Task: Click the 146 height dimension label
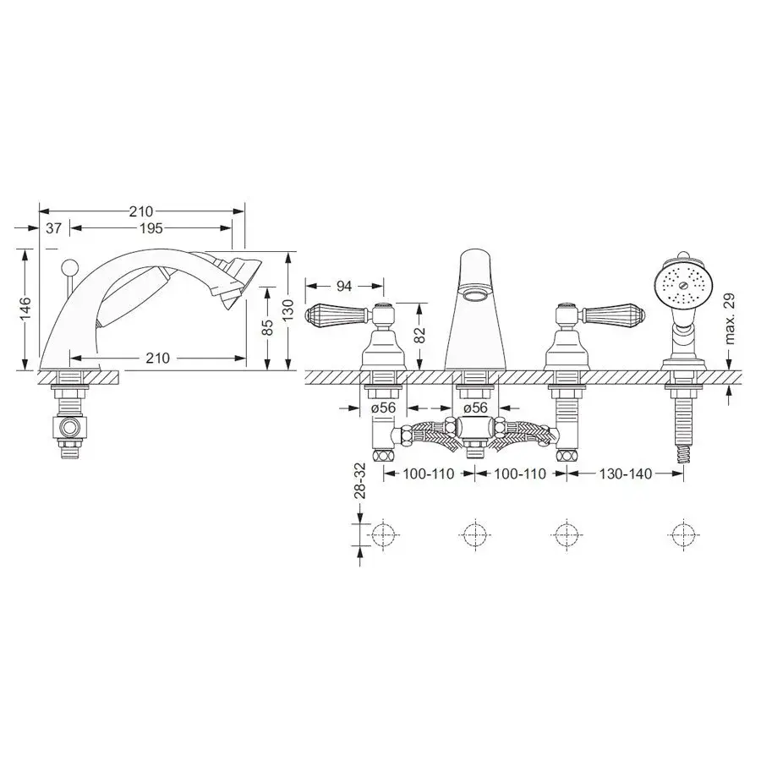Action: [x=25, y=309]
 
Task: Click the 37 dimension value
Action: [x=53, y=227]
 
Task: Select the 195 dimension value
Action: [x=151, y=228]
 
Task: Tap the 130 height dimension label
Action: [x=288, y=309]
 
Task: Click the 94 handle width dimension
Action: [x=343, y=287]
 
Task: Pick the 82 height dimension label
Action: [x=419, y=334]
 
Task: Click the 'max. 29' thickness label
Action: [x=731, y=319]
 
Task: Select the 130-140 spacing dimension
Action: [x=625, y=474]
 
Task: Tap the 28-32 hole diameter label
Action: [x=359, y=481]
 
